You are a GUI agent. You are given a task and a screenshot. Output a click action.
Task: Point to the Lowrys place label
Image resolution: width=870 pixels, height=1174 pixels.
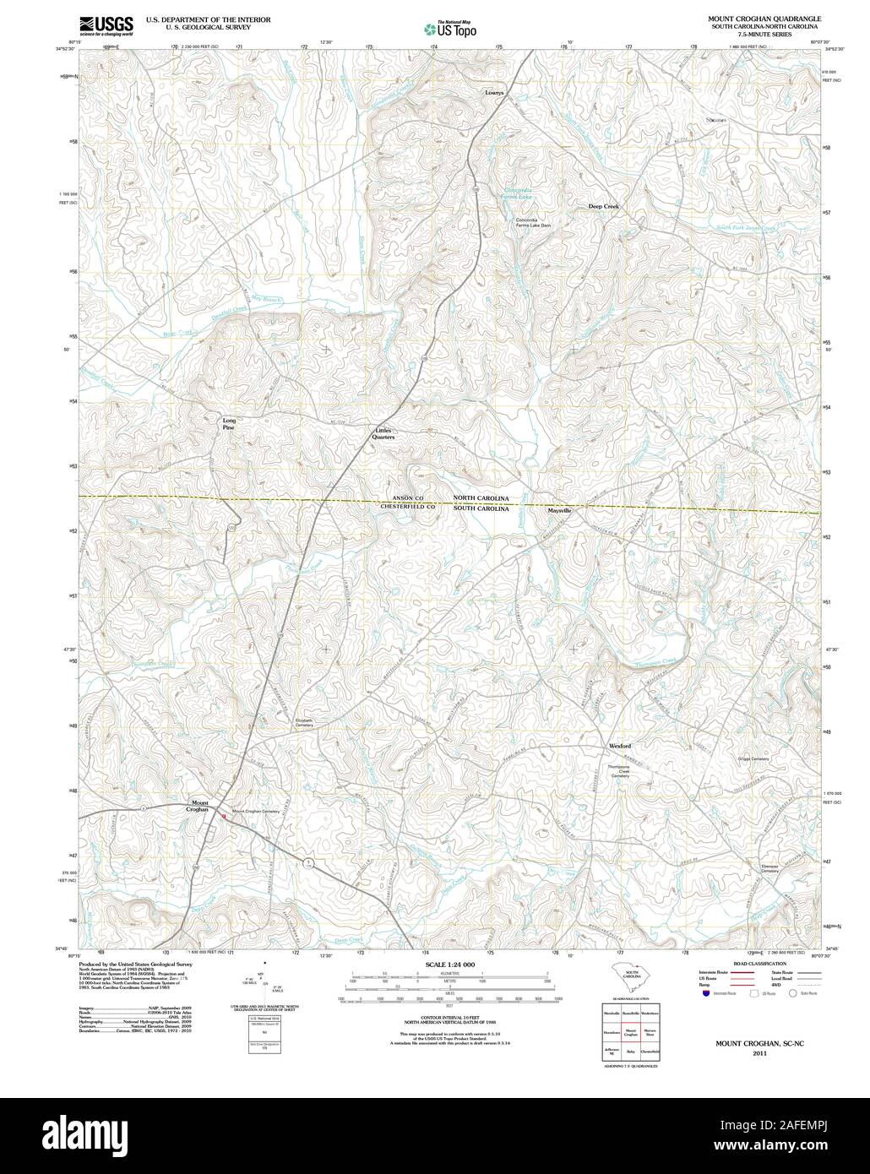tap(494, 92)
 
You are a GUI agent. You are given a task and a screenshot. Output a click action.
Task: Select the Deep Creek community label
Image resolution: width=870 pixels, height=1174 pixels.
tap(604, 206)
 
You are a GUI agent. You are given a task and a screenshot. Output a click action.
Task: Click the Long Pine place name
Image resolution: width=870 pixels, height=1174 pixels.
tap(228, 424)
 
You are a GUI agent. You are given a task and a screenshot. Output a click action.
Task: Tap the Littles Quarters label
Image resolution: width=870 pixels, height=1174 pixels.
tap(385, 434)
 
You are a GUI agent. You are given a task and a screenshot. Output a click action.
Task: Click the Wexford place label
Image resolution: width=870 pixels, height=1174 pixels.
tap(620, 747)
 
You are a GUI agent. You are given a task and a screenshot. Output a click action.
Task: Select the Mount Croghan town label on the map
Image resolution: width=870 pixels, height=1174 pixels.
tap(199, 806)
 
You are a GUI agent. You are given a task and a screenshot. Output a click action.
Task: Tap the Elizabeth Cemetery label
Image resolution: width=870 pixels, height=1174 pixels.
tap(303, 723)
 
